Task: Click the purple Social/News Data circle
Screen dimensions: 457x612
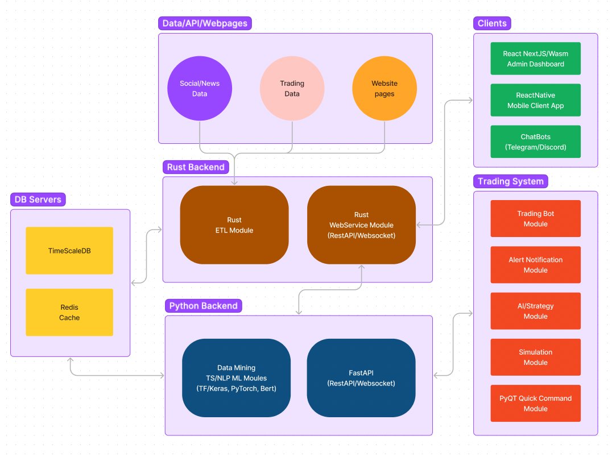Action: (200, 88)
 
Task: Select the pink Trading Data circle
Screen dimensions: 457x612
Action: (292, 88)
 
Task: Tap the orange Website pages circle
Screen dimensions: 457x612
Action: (384, 88)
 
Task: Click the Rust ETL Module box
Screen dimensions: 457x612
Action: (234, 225)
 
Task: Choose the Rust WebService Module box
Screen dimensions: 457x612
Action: (361, 225)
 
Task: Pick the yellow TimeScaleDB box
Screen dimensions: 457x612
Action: (69, 250)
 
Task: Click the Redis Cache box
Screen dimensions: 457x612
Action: (69, 312)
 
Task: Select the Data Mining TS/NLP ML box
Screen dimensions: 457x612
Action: (236, 378)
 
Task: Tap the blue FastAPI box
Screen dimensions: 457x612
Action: (361, 378)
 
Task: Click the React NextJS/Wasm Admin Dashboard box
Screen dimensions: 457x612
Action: (535, 59)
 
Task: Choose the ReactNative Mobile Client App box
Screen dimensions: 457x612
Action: (535, 100)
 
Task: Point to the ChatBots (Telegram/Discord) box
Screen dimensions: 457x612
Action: (535, 142)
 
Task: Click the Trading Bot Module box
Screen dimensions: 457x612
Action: (535, 218)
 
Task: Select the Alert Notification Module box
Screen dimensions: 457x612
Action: (535, 264)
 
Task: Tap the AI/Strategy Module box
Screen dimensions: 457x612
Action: (535, 311)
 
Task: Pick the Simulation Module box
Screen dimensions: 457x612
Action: (535, 357)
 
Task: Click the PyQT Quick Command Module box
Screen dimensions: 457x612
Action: (535, 403)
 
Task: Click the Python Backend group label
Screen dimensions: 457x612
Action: (203, 306)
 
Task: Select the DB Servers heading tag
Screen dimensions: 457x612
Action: (38, 200)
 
